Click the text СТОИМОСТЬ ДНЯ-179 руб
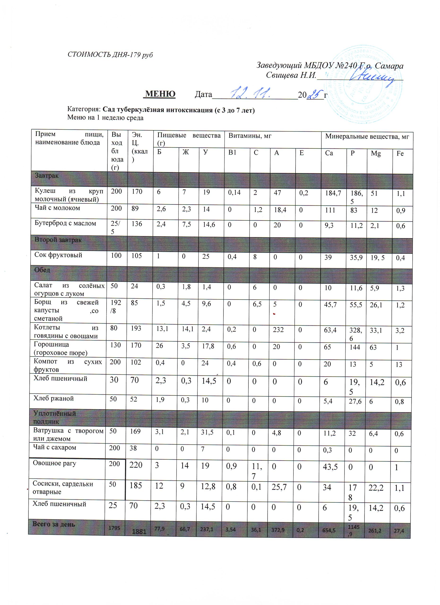[110, 55]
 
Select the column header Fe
[400, 153]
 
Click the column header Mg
[376, 153]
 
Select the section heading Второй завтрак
[58, 240]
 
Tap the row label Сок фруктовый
[58, 255]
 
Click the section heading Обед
[42, 270]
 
